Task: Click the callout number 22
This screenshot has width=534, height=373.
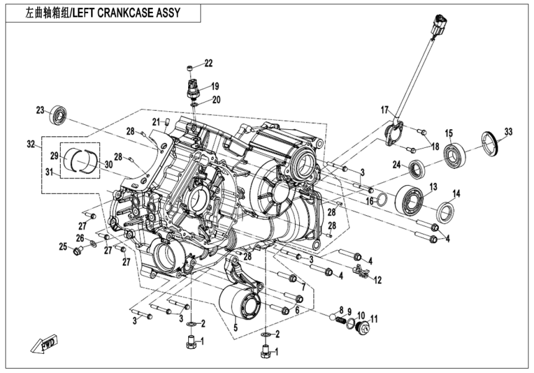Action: pyautogui.click(x=209, y=63)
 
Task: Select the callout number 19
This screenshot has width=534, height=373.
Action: pyautogui.click(x=214, y=86)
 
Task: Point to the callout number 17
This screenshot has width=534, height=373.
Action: pyautogui.click(x=385, y=110)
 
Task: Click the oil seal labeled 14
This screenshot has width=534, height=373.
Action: pyautogui.click(x=445, y=212)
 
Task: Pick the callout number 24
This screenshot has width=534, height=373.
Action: pyautogui.click(x=397, y=165)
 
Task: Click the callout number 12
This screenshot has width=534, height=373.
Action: pyautogui.click(x=377, y=280)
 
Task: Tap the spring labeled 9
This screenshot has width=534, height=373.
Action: pyautogui.click(x=341, y=320)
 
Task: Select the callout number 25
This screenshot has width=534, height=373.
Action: pyautogui.click(x=63, y=247)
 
